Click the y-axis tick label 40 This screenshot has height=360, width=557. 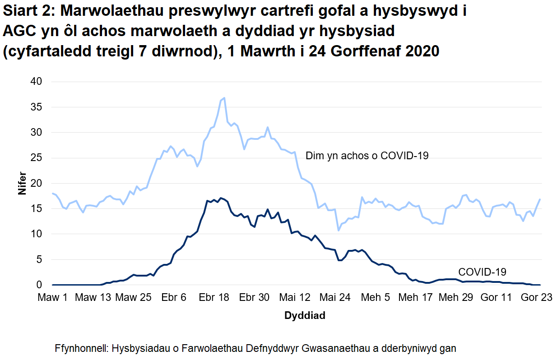(36, 82)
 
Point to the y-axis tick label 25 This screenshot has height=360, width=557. (36, 158)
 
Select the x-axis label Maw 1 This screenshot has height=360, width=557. (53, 297)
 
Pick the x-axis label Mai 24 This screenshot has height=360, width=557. (335, 297)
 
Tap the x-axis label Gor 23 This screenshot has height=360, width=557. (537, 297)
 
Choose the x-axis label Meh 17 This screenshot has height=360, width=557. (415, 297)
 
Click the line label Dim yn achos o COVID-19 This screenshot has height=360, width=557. (367, 156)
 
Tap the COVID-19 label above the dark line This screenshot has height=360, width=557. (482, 272)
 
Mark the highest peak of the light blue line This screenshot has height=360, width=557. (224, 98)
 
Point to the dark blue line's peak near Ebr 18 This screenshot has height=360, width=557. (220, 198)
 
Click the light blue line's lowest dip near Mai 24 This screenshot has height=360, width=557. (339, 230)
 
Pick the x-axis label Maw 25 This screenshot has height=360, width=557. (133, 297)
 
